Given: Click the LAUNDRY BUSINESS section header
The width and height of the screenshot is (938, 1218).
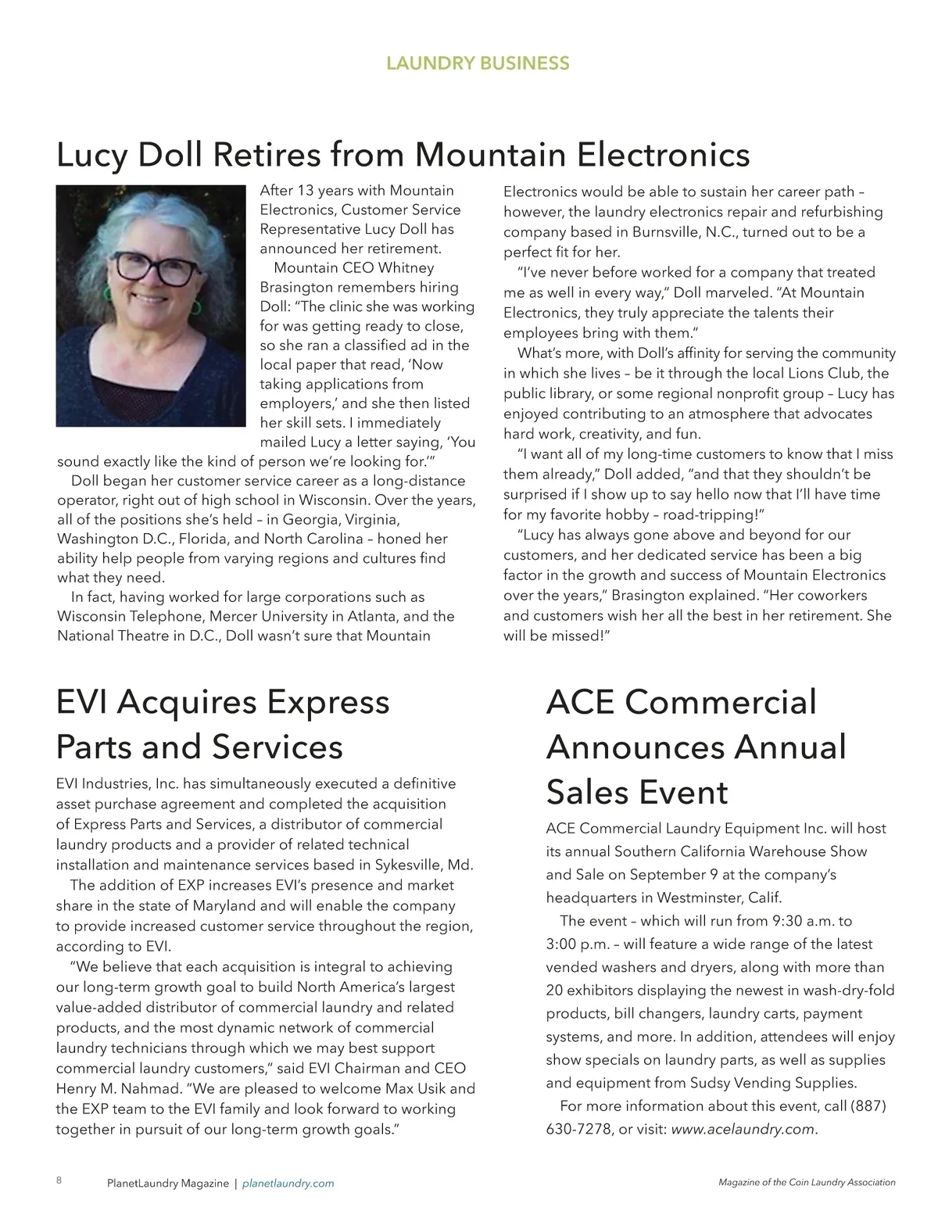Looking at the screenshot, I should click(478, 63).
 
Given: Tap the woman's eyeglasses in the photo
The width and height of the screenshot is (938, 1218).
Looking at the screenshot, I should click(153, 269).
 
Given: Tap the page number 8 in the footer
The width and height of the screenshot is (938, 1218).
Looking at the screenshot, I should click(59, 1180).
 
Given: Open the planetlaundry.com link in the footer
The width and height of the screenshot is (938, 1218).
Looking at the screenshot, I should click(288, 1184).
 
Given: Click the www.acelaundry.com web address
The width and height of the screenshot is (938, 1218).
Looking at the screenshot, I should click(743, 1129).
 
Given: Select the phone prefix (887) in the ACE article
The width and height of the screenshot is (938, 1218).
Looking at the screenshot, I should click(868, 1106).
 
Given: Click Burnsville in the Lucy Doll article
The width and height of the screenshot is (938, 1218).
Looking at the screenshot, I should click(665, 232).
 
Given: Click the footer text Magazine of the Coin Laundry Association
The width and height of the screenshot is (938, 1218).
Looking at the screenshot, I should click(807, 1183).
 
